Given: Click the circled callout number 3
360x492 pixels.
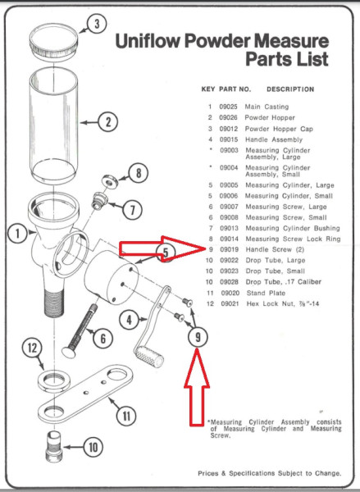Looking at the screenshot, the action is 97,24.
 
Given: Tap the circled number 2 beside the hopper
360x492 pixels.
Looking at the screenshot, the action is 108,122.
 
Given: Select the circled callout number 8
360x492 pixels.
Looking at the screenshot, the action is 138,173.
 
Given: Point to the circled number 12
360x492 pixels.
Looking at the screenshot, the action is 32,348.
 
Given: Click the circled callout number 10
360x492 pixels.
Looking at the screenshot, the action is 93,447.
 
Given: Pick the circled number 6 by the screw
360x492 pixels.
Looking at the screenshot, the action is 103,339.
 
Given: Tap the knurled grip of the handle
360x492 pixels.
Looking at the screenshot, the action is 149,357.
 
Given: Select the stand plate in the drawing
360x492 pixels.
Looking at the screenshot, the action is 85,393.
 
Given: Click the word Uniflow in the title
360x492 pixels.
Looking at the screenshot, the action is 148,41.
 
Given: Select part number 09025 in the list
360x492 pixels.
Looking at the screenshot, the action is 229,107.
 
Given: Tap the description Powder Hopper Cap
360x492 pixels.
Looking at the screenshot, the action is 279,129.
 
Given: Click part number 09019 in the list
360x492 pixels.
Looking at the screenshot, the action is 229,249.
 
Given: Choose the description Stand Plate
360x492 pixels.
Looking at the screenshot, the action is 266,293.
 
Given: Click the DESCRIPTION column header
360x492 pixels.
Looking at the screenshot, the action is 290,89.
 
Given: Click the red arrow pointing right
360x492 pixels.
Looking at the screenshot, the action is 162,248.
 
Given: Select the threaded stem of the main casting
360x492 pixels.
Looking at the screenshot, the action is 54,303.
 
